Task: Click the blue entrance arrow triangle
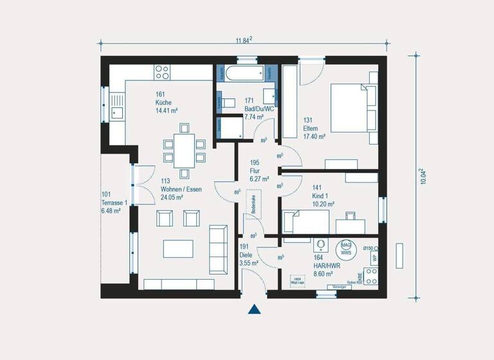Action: coord(255,309)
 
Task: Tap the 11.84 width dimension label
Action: coord(243,40)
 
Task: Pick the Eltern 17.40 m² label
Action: coord(314,129)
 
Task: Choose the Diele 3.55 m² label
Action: coord(248,255)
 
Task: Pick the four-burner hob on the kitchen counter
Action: coord(162,71)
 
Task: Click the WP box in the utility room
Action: coord(372,258)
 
